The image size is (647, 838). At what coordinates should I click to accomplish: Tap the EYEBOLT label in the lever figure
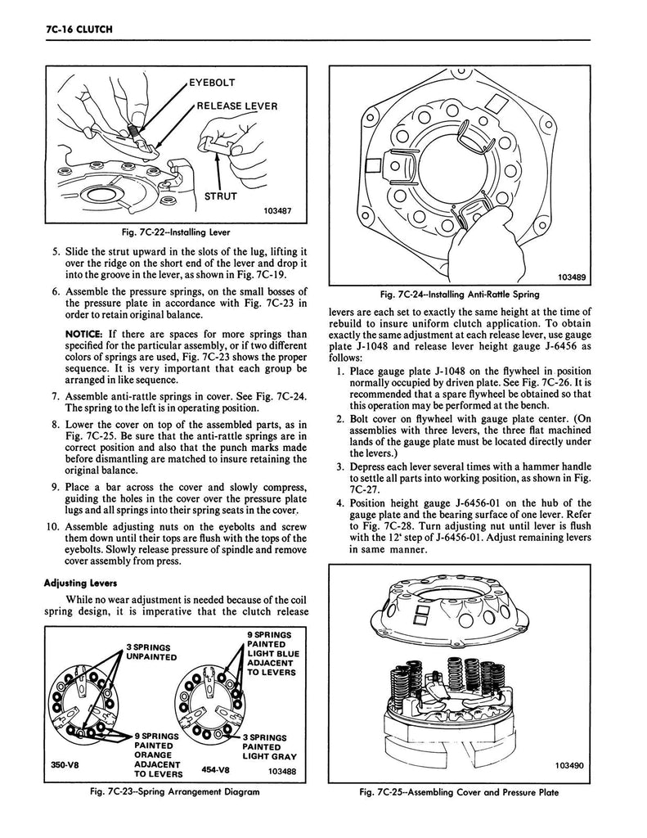[x=212, y=83]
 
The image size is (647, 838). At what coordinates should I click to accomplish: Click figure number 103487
[x=273, y=210]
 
